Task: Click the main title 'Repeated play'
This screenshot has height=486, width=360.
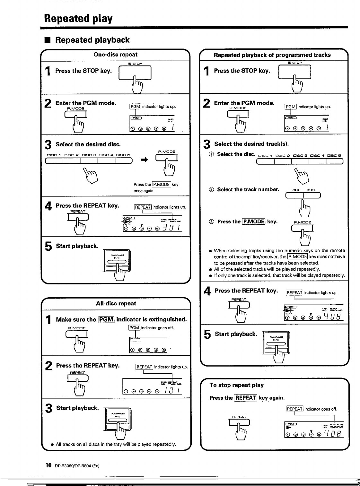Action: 78,18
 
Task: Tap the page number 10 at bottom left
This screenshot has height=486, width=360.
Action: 48,465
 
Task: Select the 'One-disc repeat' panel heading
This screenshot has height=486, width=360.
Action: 115,55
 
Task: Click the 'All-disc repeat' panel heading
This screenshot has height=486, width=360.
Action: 116,303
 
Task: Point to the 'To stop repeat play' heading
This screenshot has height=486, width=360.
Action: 236,385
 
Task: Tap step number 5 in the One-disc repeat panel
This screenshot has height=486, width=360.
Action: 48,246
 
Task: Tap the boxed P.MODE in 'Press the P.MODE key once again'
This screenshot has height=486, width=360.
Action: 161,184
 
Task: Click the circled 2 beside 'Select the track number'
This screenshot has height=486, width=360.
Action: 211,189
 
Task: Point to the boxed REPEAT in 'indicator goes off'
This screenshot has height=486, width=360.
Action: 294,409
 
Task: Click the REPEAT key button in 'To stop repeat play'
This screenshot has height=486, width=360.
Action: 239,423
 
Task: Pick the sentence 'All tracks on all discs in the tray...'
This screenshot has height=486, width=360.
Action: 116,444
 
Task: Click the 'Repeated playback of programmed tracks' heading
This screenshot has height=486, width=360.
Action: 272,55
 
